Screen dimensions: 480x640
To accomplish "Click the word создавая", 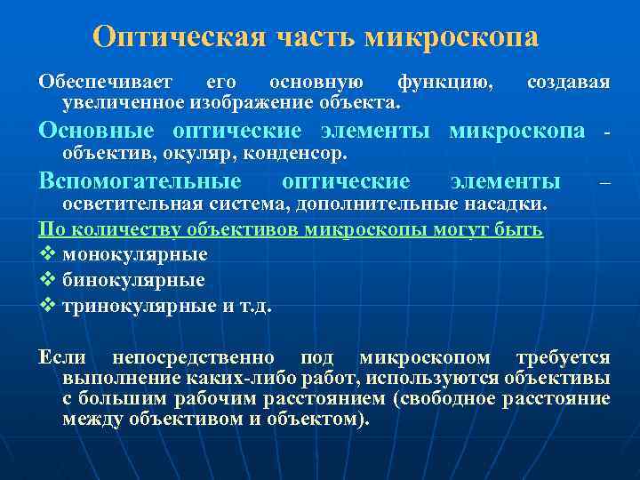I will pyautogui.click(x=568, y=83).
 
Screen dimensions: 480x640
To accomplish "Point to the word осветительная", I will pyautogui.click(x=132, y=204).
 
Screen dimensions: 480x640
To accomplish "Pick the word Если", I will pyautogui.click(x=62, y=357).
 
